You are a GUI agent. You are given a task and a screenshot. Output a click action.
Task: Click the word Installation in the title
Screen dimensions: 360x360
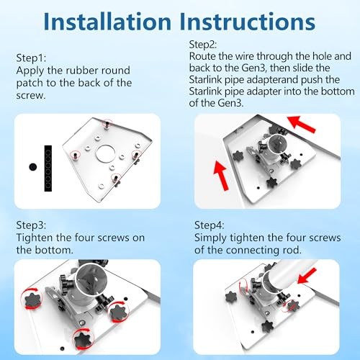(x=107, y=22)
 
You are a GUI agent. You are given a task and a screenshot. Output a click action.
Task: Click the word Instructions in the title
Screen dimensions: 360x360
(x=248, y=22)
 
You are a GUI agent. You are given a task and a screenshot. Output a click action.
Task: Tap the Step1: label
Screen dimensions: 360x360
(x=31, y=58)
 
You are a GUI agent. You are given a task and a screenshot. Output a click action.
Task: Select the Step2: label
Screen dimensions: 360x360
(x=203, y=45)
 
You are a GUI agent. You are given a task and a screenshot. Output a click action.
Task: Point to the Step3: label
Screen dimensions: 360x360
(x=31, y=225)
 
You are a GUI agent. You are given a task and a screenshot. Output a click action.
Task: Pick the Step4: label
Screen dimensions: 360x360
(x=209, y=225)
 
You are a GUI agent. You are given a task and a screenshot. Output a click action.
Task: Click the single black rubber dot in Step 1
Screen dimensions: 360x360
(x=32, y=167)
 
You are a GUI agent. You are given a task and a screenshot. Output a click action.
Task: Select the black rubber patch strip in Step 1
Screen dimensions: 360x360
(x=48, y=168)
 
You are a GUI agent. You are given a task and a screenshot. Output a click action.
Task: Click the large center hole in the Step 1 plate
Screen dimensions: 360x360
(x=106, y=153)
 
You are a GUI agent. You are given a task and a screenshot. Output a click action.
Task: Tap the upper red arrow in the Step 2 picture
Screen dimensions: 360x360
(x=302, y=124)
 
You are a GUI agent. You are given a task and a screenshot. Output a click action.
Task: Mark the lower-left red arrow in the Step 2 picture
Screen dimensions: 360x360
(x=222, y=176)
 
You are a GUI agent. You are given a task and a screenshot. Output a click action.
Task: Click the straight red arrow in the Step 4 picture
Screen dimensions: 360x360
(x=307, y=276)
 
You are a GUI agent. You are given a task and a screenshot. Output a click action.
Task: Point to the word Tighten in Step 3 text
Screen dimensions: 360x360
(x=35, y=238)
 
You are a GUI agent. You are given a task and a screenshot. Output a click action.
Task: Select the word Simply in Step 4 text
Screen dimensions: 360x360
(x=210, y=238)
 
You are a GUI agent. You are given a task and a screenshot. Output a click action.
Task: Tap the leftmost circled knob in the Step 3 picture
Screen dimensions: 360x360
(x=31, y=299)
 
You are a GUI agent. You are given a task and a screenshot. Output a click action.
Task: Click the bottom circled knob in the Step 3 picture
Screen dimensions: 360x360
(x=84, y=339)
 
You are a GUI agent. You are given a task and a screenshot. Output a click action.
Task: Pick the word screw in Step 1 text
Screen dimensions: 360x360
(x=31, y=96)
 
